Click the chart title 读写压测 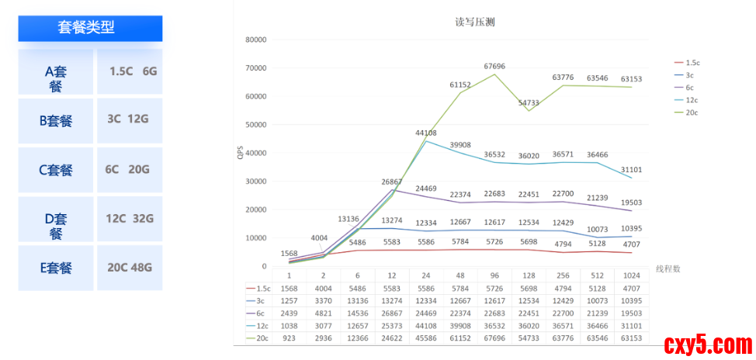[x=474, y=22]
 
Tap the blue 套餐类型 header [x=90, y=28]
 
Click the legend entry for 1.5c [x=693, y=62]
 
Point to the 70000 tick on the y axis [x=256, y=68]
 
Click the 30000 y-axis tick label [x=256, y=182]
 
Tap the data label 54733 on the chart [x=529, y=102]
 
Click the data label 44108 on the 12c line [x=425, y=133]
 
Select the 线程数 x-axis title [x=668, y=268]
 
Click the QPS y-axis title [x=240, y=154]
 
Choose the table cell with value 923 [x=290, y=338]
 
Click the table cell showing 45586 [x=426, y=338]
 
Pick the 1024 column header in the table [x=630, y=275]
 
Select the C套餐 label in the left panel [x=56, y=171]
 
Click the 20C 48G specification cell [x=129, y=268]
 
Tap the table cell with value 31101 [x=630, y=326]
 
